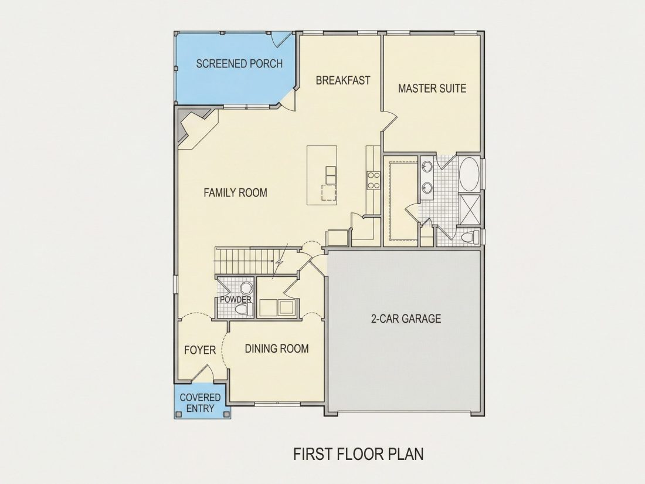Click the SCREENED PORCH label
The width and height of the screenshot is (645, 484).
click(x=239, y=64)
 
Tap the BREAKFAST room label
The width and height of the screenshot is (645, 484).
click(x=343, y=80)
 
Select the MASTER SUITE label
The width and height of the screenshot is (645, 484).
click(x=432, y=89)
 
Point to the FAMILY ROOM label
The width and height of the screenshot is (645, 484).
click(x=235, y=192)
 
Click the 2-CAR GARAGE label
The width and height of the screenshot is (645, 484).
click(x=406, y=319)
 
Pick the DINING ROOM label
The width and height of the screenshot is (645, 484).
click(x=277, y=348)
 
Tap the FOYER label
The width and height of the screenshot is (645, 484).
click(x=200, y=350)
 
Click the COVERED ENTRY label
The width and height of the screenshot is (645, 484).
click(x=201, y=403)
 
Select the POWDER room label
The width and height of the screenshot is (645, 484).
click(x=236, y=299)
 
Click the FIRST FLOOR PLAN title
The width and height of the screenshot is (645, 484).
click(x=358, y=454)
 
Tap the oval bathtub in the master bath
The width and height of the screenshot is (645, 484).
click(x=469, y=174)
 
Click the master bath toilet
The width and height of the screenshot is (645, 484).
click(x=471, y=236)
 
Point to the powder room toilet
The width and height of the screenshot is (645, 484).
click(x=243, y=310)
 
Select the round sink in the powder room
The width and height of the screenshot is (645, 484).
click(x=246, y=287)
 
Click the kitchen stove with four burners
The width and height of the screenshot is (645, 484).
click(x=374, y=180)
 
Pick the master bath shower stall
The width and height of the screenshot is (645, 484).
click(x=469, y=210)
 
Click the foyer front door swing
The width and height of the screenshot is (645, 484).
click(x=203, y=373)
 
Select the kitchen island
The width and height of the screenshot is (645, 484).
click(x=322, y=175)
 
